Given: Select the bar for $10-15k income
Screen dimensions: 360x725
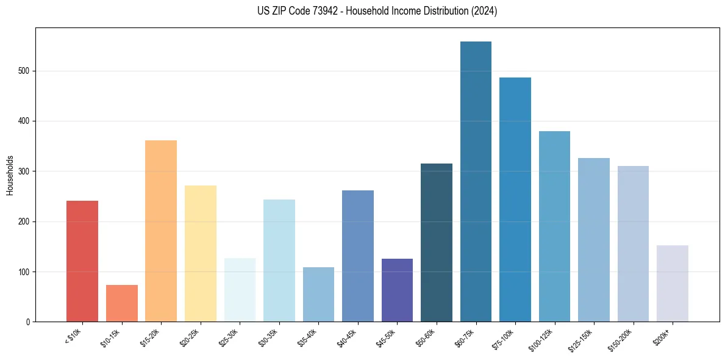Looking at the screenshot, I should pos(121,303).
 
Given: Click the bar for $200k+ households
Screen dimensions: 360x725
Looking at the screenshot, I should pos(672,284).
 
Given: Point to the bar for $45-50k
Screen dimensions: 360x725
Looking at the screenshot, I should pos(397,290).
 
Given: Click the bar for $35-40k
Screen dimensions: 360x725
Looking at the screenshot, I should pos(318,295).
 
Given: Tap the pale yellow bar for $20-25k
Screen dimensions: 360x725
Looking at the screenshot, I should pos(201,254).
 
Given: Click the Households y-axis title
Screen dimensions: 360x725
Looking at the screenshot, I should pos(10,175).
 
